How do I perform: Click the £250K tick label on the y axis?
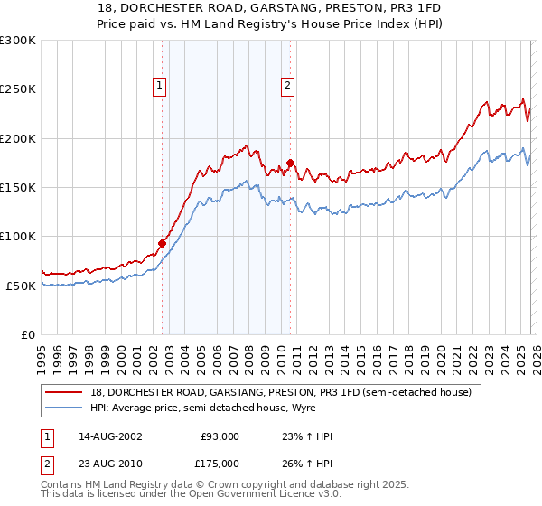click(x=18, y=89)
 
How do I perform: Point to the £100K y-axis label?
click(x=18, y=236)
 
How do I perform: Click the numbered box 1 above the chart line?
click(x=159, y=86)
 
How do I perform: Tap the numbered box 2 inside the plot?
click(x=287, y=86)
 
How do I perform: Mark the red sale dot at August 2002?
click(x=163, y=243)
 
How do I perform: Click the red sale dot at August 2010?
click(x=290, y=163)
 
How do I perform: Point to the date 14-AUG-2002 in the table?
click(x=109, y=436)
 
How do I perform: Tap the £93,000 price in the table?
click(x=220, y=436)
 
